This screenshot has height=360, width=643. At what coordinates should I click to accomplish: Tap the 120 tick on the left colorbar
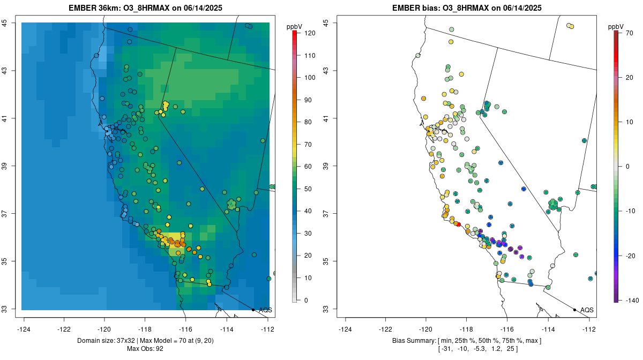(309, 33)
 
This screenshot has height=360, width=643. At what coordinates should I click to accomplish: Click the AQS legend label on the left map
(266, 310)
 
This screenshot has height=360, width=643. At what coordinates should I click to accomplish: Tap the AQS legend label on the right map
(587, 310)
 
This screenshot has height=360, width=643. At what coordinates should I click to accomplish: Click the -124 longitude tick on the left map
(25, 329)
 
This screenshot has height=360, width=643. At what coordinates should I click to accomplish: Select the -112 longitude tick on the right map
(589, 329)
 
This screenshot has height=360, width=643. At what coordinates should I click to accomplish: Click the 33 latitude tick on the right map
(326, 309)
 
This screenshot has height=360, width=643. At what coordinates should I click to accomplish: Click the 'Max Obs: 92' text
(145, 349)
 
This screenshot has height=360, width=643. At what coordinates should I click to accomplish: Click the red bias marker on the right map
(459, 224)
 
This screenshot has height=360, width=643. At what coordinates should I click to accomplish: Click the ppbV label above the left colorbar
(294, 26)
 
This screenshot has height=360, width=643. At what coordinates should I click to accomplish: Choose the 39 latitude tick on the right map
(326, 166)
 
